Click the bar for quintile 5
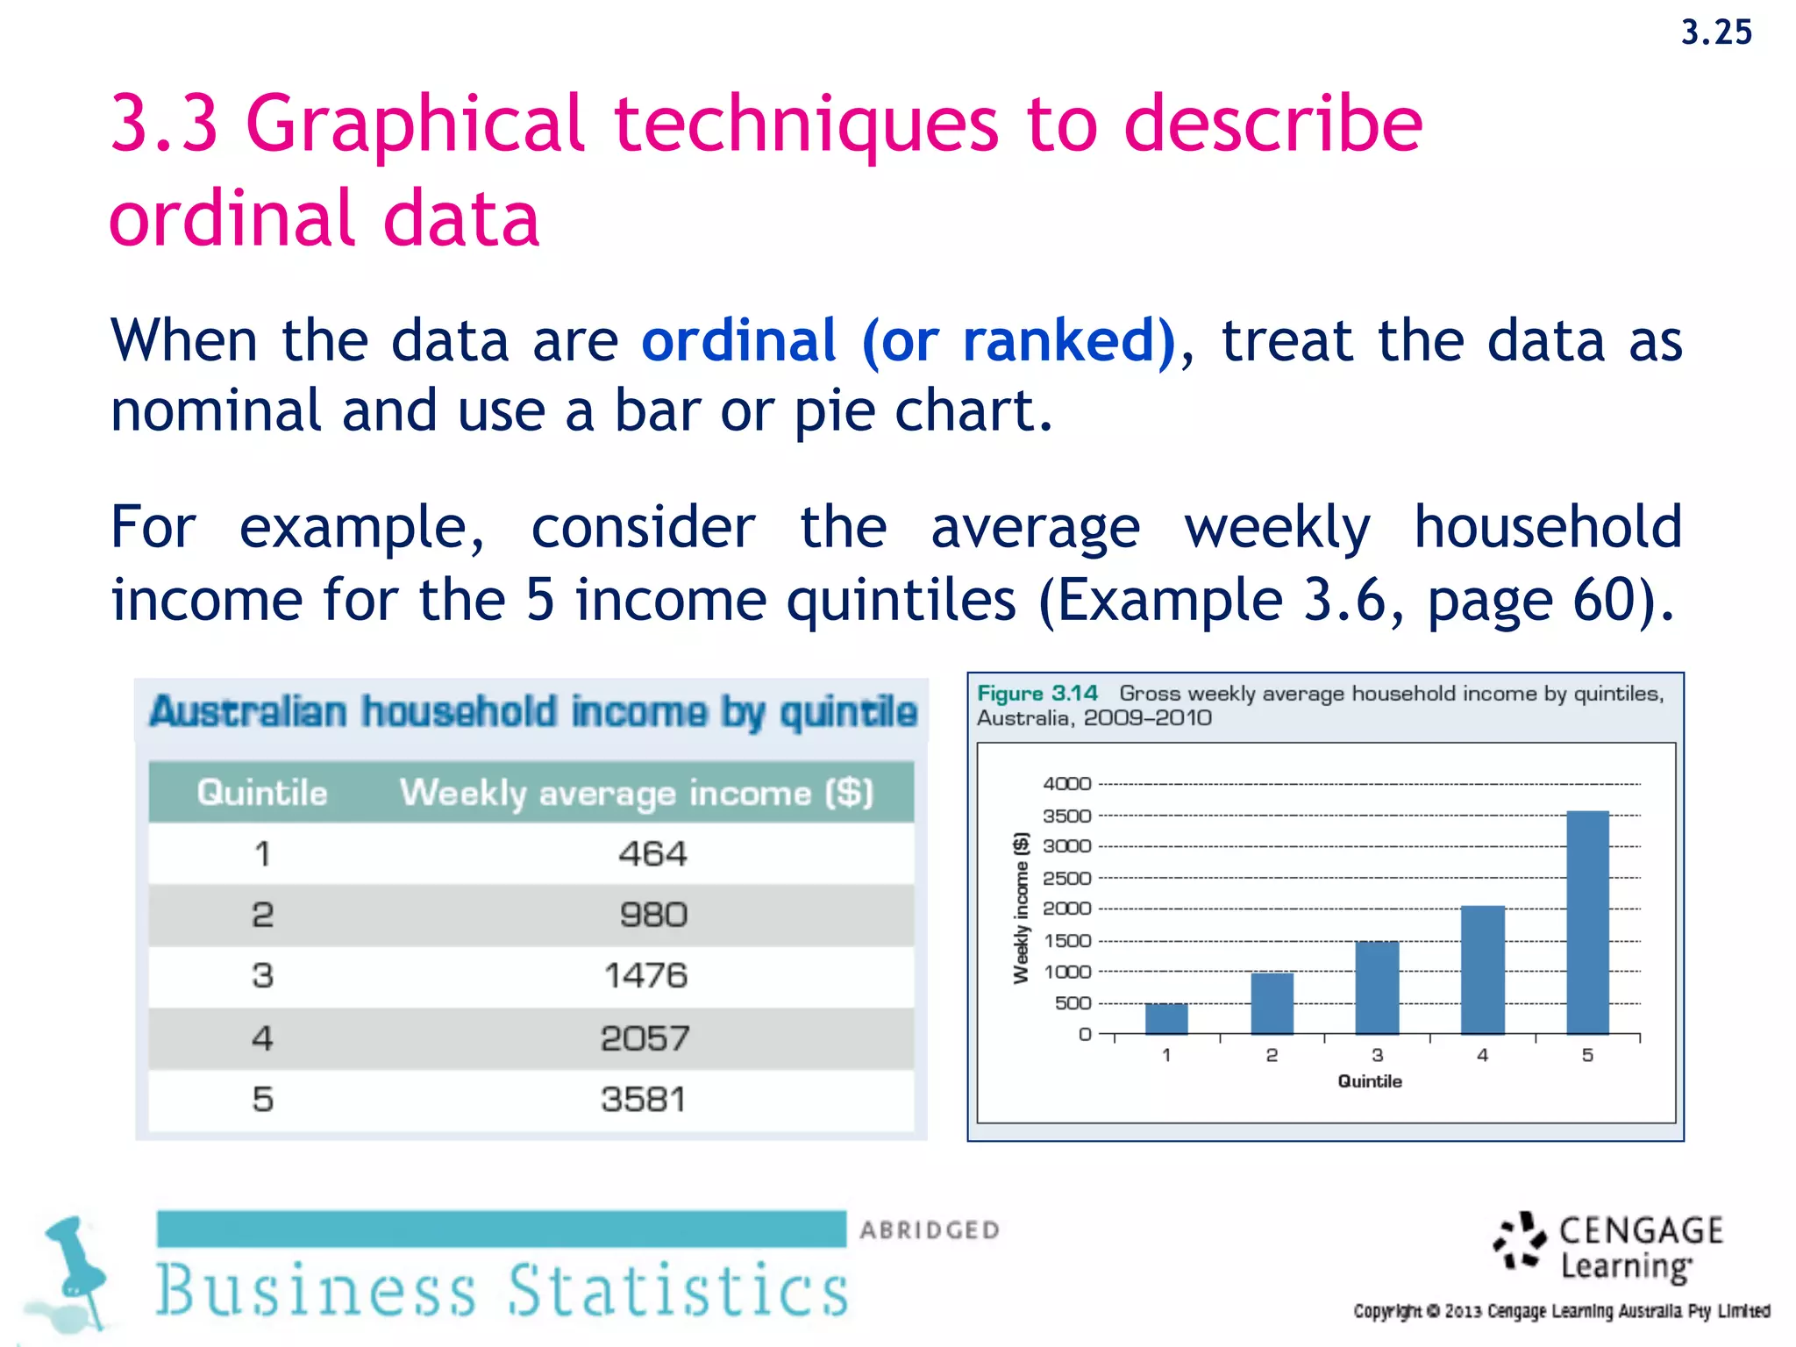[1587, 923]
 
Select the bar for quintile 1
[1166, 1019]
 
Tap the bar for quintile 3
[1377, 988]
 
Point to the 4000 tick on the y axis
[1066, 784]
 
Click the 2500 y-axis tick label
[1066, 878]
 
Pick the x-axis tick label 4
[1482, 1056]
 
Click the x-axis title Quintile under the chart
[1369, 1081]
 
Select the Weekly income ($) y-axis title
[1021, 908]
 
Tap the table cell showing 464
[652, 854]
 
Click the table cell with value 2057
[645, 1039]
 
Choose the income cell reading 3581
[644, 1100]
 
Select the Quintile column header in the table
[261, 793]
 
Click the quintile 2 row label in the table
[262, 916]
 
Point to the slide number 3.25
[1715, 33]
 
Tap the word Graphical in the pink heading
[414, 125]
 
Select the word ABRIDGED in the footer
[930, 1230]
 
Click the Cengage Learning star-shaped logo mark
[1519, 1241]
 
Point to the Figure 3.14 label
[1037, 694]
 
